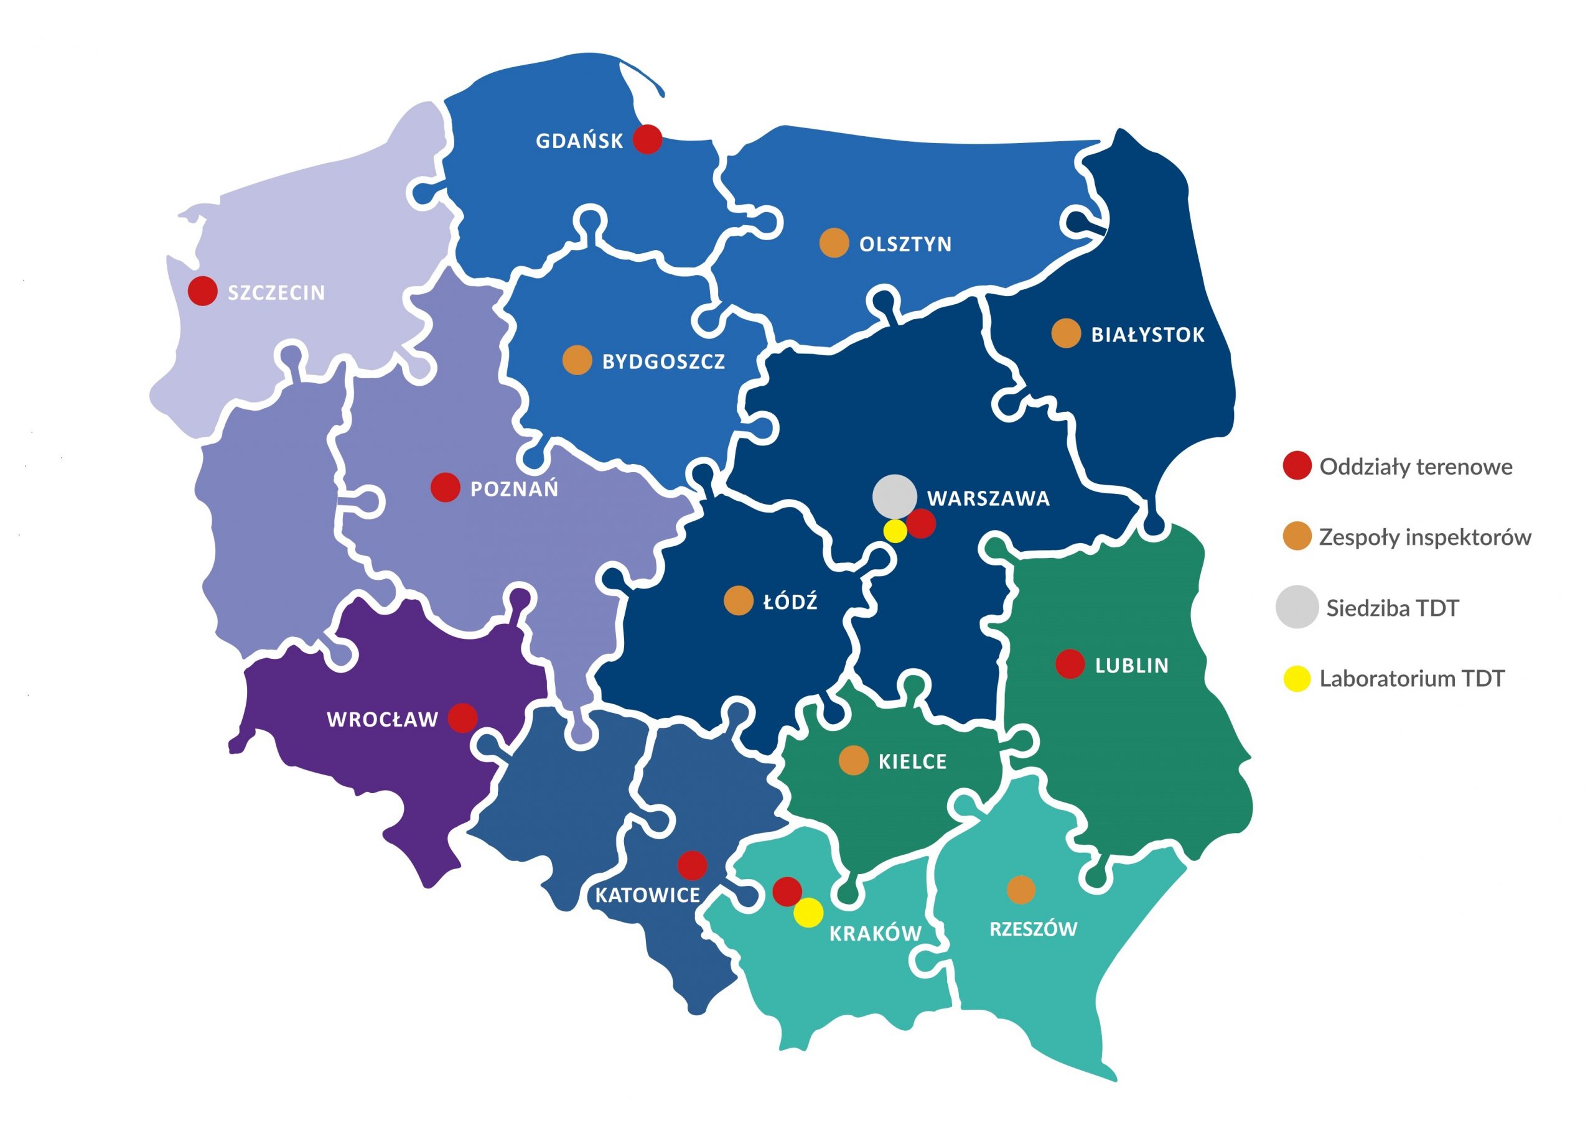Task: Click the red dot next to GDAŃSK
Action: [x=648, y=139]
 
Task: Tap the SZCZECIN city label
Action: [x=277, y=293]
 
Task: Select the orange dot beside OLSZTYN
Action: [x=834, y=243]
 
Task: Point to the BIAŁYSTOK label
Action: [x=1148, y=335]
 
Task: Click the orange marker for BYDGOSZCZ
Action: [x=577, y=360]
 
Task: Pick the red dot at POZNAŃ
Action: [x=446, y=488]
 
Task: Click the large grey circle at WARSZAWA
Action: [x=894, y=496]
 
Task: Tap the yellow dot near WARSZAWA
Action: [x=895, y=531]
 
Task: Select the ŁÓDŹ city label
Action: [x=790, y=602]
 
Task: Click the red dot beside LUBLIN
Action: [x=1070, y=664]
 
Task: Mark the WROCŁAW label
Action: [x=382, y=719]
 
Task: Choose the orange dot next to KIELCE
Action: [x=853, y=760]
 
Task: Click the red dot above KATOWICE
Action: [x=692, y=865]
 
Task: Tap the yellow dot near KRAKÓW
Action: [x=808, y=913]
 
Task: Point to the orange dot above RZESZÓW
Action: [x=1021, y=890]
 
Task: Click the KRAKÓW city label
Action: [x=875, y=934]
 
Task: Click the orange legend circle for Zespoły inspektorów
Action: [x=1297, y=536]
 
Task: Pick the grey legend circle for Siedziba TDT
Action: [x=1297, y=607]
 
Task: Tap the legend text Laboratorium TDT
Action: [x=1411, y=679]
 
